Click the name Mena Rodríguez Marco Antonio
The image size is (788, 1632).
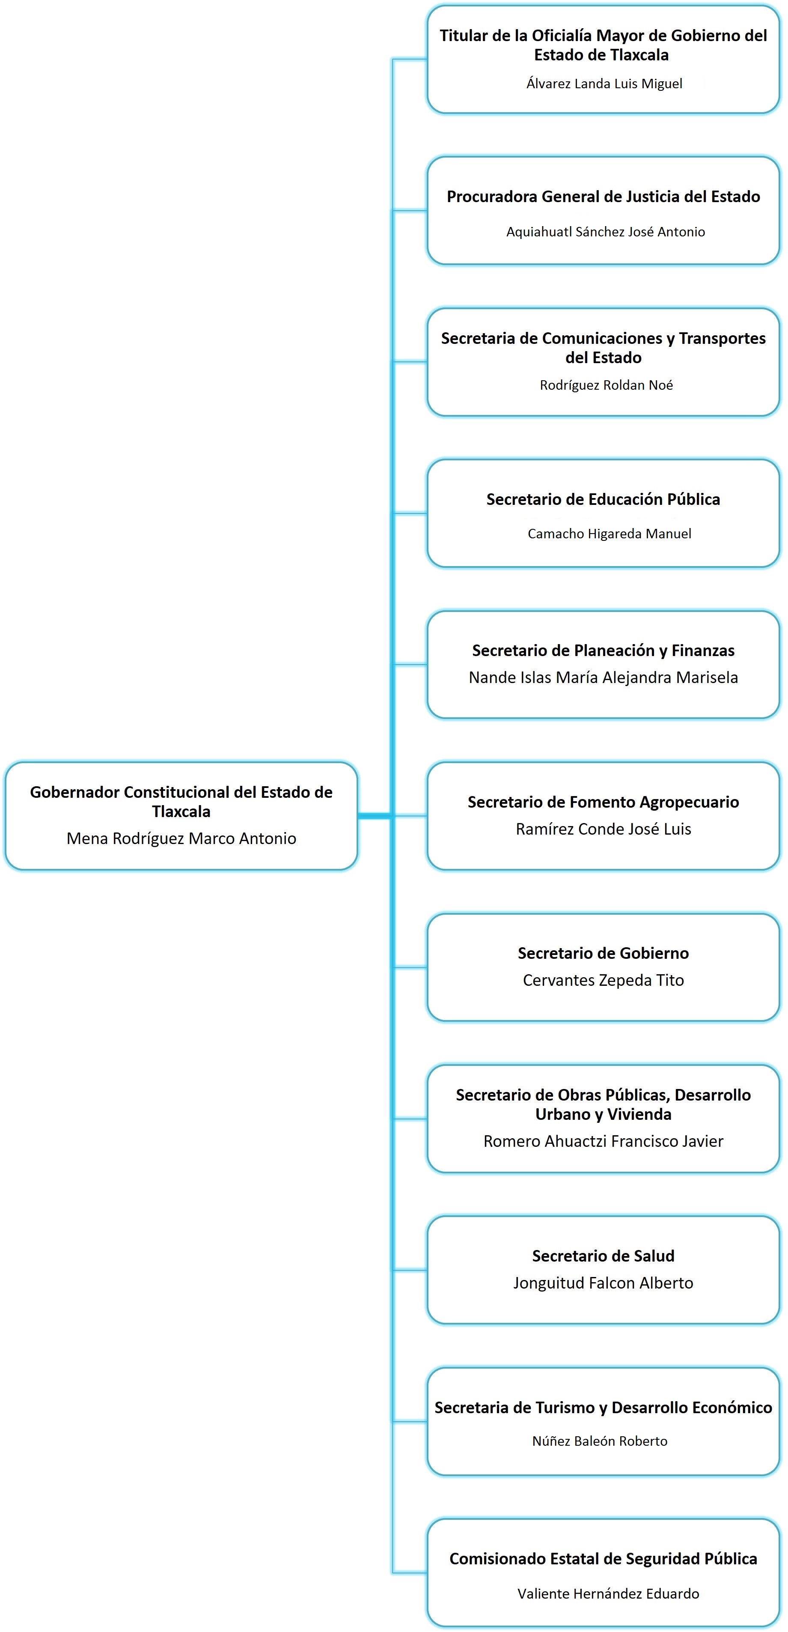click(x=181, y=838)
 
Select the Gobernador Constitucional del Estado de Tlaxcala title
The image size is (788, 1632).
click(x=181, y=801)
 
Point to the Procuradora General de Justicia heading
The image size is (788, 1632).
click(x=603, y=197)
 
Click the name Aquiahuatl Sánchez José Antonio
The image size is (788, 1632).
click(x=605, y=232)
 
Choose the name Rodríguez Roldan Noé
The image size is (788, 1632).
click(x=606, y=385)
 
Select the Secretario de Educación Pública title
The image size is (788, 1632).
click(x=603, y=499)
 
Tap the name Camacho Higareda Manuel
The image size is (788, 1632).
click(x=609, y=534)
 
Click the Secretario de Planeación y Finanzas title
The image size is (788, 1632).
click(x=603, y=650)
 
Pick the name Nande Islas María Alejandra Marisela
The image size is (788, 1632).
click(x=603, y=677)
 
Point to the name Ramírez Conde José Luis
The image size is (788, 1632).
click(x=603, y=829)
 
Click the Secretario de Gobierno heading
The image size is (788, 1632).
click(x=603, y=953)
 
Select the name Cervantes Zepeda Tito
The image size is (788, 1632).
click(x=603, y=980)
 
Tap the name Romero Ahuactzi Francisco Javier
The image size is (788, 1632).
click(x=603, y=1141)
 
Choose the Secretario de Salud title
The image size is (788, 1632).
click(x=603, y=1256)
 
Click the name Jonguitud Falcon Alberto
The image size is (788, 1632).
click(x=603, y=1283)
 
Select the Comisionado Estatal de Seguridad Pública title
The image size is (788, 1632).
click(x=603, y=1558)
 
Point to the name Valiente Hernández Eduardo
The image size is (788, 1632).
click(x=608, y=1594)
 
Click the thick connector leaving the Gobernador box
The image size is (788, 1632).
click(x=375, y=816)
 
